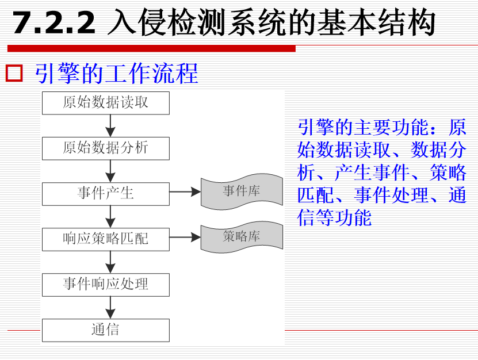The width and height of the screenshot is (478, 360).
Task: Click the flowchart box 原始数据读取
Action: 106,103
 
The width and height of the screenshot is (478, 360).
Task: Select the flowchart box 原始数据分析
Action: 106,148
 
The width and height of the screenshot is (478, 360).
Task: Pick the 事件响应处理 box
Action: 106,284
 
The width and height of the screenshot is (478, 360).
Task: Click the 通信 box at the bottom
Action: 106,330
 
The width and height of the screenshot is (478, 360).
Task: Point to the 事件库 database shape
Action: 242,192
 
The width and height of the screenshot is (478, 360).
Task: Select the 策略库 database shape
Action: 242,236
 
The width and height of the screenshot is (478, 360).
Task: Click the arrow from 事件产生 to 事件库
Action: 185,193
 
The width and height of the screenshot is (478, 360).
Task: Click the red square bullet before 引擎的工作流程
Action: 13,74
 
